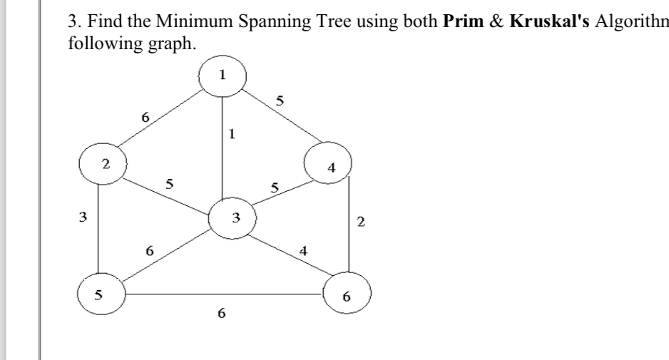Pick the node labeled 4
tap(329, 167)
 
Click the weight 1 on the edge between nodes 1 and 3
tap(232, 133)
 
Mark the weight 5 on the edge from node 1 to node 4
tap(280, 101)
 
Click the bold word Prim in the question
tap(459, 22)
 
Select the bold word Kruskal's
tap(549, 22)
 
